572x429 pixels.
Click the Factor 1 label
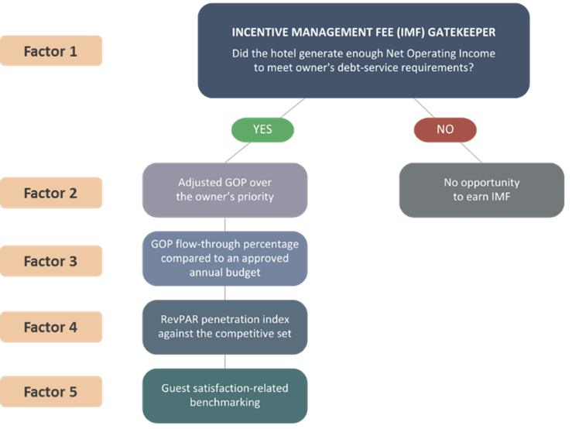point(51,51)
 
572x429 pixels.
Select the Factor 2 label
point(51,193)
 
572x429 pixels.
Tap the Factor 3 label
point(51,261)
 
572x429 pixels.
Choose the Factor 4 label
point(51,327)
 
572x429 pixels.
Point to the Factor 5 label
point(51,392)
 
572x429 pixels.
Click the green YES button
point(262,129)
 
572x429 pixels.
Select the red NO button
point(445,129)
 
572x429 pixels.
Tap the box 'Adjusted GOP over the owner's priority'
point(224,190)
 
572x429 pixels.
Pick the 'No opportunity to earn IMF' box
point(481,190)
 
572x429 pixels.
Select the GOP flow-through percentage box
point(224,258)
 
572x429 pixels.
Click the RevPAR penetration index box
point(224,327)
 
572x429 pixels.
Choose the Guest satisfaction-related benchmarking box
point(224,395)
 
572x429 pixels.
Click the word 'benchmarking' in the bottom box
point(224,402)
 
